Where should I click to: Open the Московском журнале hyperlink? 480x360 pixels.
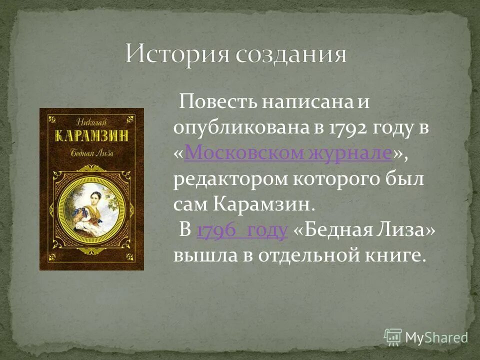click(x=288, y=153)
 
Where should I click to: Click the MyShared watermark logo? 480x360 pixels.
click(x=426, y=337)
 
